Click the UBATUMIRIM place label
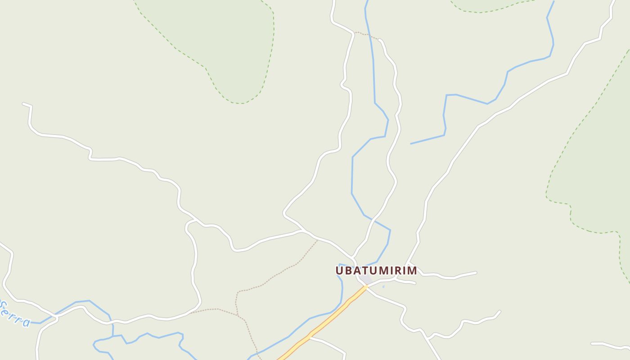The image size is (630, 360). coord(376,270)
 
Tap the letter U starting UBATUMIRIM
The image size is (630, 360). coord(340,270)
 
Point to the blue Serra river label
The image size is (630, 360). coord(14,314)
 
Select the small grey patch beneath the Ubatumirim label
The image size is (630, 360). coord(365,280)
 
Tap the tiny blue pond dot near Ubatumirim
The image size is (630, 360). coord(383,286)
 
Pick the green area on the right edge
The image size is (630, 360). coord(598,171)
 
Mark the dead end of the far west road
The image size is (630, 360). coord(23,104)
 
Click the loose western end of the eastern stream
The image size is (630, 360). coord(411,144)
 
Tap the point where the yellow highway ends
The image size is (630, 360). coord(366,286)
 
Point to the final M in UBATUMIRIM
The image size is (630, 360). coord(412,270)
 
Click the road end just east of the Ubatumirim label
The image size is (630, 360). coord(476,272)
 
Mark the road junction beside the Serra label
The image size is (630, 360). coord(56,318)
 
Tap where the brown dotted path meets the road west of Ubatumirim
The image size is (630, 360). coord(317,240)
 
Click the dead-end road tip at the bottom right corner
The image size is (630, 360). coord(592,343)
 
